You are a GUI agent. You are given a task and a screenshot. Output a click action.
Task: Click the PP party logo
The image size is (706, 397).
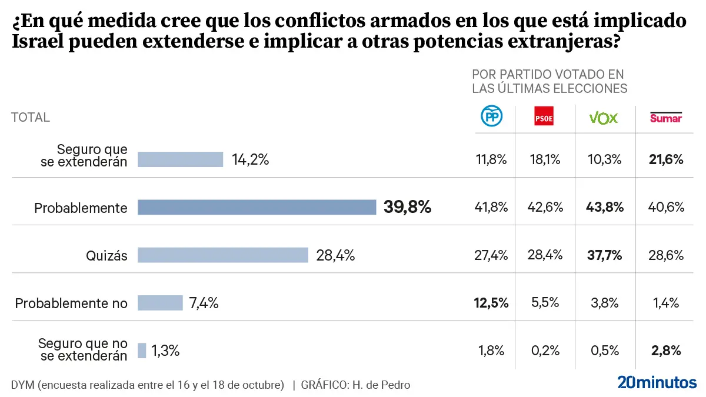[x=492, y=117]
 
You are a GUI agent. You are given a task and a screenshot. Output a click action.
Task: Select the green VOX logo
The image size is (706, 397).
[x=604, y=118]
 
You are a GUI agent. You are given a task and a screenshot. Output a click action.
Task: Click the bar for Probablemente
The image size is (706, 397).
[x=257, y=207]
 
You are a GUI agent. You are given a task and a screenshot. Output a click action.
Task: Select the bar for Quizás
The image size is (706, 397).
[x=223, y=255]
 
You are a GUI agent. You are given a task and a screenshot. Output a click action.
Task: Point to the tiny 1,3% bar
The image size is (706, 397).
[x=142, y=351]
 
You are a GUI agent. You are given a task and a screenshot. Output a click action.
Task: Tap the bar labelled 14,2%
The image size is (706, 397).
[x=180, y=159]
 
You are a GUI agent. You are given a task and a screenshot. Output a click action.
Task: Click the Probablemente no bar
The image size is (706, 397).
[x=160, y=303]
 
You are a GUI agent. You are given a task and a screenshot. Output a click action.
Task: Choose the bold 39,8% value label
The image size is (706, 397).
[x=407, y=207]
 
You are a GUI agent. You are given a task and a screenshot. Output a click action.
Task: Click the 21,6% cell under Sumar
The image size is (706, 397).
[x=667, y=159]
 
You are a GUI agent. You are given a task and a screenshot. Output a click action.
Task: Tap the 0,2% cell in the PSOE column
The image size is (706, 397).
[x=544, y=351]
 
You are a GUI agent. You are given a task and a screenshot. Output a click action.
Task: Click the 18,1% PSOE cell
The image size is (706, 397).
[x=544, y=159]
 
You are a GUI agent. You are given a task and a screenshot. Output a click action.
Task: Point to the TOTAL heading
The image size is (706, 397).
[x=30, y=117]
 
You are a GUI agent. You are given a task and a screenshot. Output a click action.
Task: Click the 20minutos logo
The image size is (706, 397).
[x=657, y=382]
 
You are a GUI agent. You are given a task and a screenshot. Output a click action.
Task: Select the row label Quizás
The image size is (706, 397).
[x=106, y=255]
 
